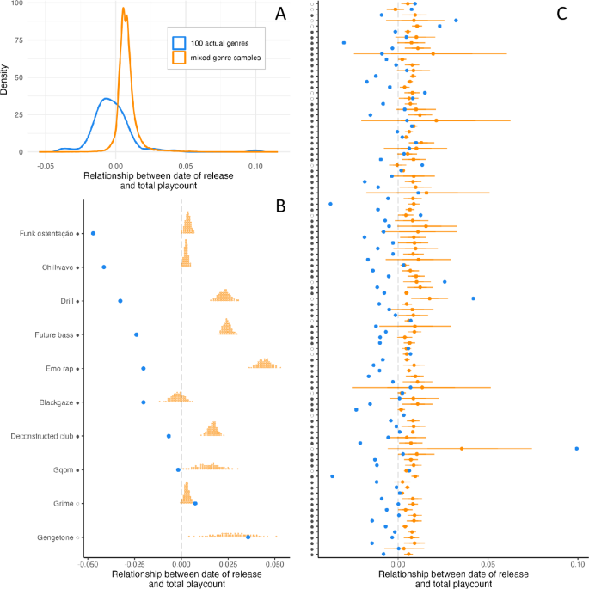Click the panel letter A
(x=279, y=14)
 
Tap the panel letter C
(x=561, y=14)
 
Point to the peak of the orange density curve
(x=124, y=10)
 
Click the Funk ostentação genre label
(x=47, y=233)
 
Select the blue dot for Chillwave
(x=103, y=267)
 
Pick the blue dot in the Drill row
(x=120, y=301)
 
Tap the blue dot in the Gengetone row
(x=248, y=537)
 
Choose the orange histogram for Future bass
(x=226, y=328)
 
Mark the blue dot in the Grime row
(x=195, y=503)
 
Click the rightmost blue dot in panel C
(x=576, y=448)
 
